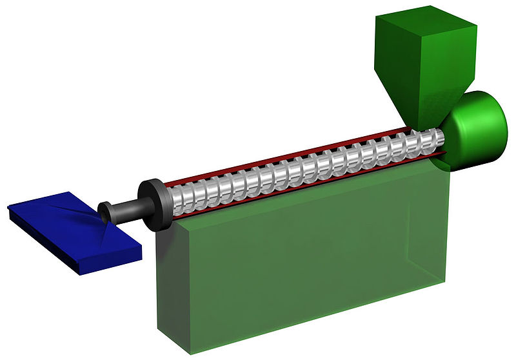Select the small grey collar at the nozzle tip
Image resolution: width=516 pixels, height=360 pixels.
tap(103, 212)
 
